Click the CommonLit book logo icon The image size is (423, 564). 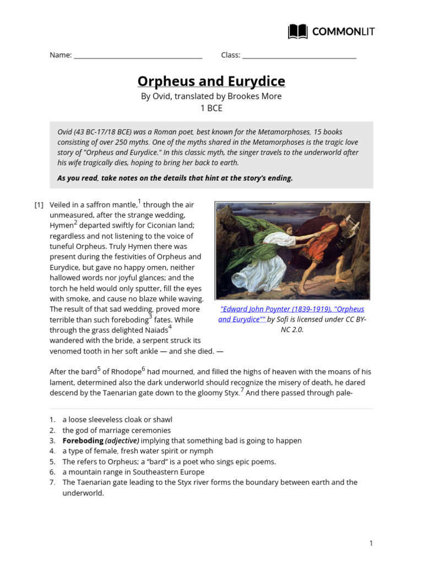(297, 31)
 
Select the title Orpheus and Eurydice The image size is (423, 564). (211, 82)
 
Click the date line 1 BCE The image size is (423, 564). (211, 108)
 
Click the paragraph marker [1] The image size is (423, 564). (39, 205)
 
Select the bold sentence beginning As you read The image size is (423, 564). (175, 178)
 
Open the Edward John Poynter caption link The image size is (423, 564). (292, 314)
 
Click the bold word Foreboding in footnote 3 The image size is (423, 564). (83, 441)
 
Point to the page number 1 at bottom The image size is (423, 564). (371, 543)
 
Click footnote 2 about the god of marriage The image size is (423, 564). (116, 430)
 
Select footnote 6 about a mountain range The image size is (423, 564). (133, 472)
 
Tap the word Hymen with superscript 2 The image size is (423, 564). (61, 226)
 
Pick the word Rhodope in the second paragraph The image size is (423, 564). (123, 372)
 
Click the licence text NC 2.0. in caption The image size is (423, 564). (292, 329)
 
